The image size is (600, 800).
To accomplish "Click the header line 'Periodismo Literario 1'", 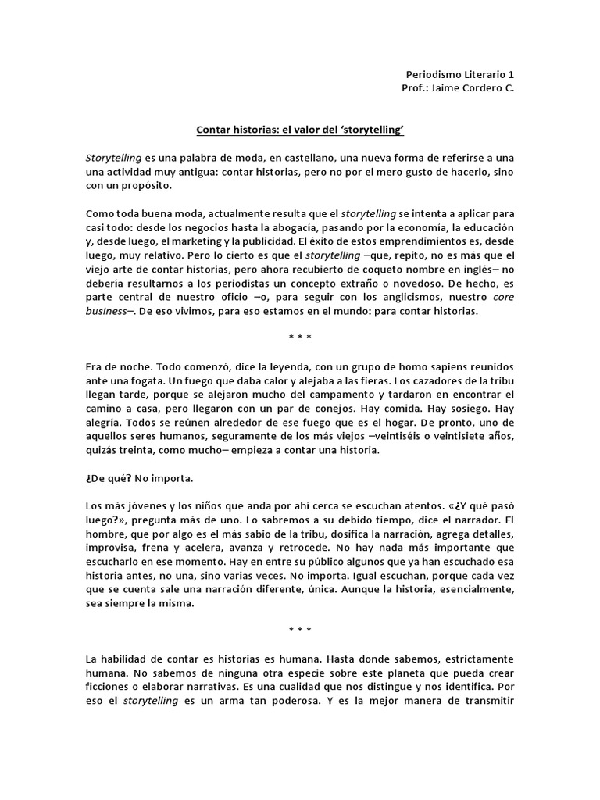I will tap(460, 74).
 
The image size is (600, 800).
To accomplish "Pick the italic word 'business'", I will tap(106, 311).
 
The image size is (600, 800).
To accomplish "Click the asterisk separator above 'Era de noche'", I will tap(300, 338).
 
